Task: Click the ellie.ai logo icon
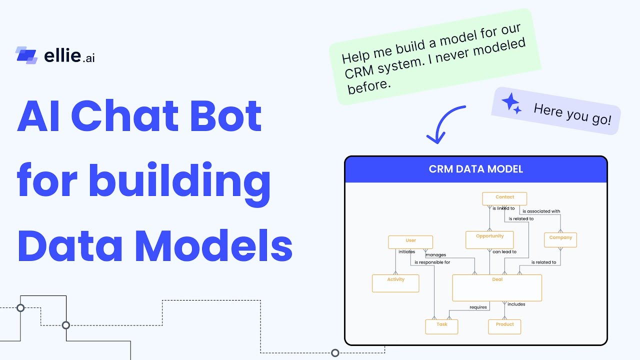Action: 26,55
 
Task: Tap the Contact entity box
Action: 505,198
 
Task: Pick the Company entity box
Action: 560,239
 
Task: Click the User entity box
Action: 410,242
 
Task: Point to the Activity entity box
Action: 395,283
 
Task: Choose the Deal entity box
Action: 497,287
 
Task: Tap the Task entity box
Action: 441,326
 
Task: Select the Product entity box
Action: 504,326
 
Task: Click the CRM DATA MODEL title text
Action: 475,169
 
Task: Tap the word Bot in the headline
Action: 229,116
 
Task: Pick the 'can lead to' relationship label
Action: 504,252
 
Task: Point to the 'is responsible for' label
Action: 432,262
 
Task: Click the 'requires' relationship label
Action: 478,307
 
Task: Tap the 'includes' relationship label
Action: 516,304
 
